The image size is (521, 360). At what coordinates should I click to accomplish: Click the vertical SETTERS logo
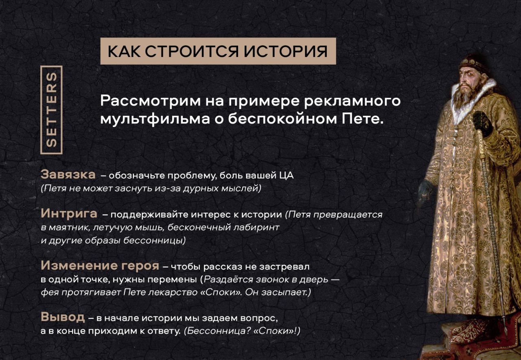tap(51, 110)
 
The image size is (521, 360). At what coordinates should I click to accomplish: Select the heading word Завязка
tap(68, 174)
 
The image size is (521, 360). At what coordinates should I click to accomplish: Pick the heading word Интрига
tap(69, 213)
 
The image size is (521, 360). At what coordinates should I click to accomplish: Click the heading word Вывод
tap(63, 317)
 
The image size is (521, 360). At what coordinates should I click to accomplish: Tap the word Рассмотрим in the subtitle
tap(150, 101)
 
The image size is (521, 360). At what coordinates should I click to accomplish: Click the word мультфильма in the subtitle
tap(155, 119)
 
